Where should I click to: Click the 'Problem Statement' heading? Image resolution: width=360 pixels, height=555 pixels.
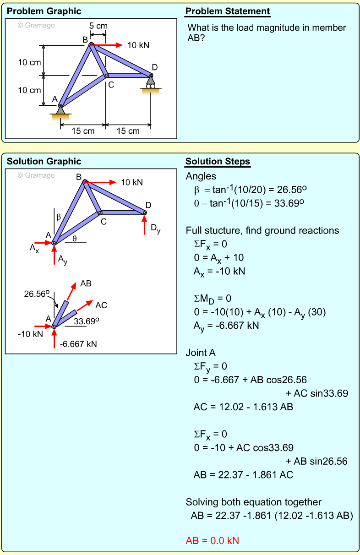pyautogui.click(x=228, y=11)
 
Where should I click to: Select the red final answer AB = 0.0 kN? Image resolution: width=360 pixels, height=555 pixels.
pyautogui.click(x=212, y=540)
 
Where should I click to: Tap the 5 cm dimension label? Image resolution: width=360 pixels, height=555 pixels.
pyautogui.click(x=98, y=26)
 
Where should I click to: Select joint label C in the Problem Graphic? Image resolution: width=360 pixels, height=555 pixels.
pyautogui.click(x=111, y=85)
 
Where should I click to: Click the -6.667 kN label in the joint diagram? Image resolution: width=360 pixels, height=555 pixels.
pyautogui.click(x=78, y=344)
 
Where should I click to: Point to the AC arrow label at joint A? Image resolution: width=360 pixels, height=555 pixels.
pyautogui.click(x=101, y=305)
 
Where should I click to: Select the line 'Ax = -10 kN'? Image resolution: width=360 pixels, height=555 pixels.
pyautogui.click(x=219, y=271)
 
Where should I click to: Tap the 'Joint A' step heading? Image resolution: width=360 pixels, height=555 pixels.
pyautogui.click(x=201, y=353)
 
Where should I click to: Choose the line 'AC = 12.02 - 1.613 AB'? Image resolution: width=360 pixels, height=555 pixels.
pyautogui.click(x=243, y=407)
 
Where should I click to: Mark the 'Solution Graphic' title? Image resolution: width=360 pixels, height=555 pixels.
pyautogui.click(x=44, y=161)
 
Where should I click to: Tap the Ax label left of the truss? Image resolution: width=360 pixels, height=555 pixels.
pyautogui.click(x=34, y=248)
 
